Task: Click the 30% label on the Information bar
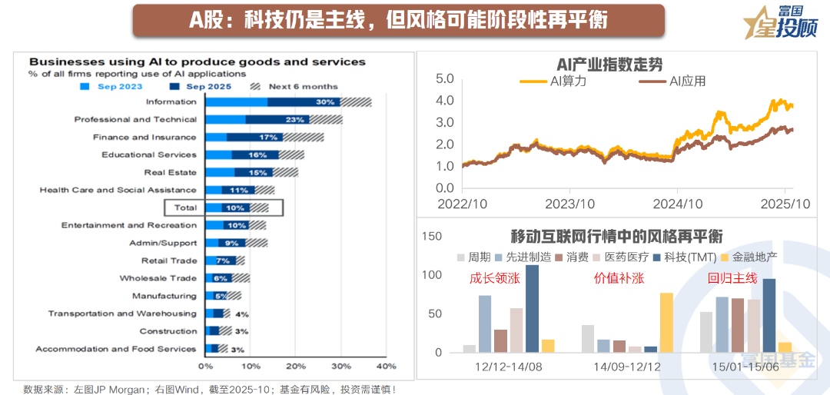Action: point(325,102)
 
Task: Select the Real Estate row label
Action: point(171,173)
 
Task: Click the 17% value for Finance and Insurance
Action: point(268,138)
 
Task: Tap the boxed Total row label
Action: point(185,207)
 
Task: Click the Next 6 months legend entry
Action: point(303,86)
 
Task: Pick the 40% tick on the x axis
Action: point(385,366)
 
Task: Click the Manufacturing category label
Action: point(164,296)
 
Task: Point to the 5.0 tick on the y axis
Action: point(445,78)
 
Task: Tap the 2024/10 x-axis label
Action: point(677,204)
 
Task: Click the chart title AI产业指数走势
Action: point(609,65)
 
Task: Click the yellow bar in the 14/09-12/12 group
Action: point(666,322)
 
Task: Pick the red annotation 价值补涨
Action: point(617,278)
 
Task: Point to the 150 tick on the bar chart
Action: point(433,237)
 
